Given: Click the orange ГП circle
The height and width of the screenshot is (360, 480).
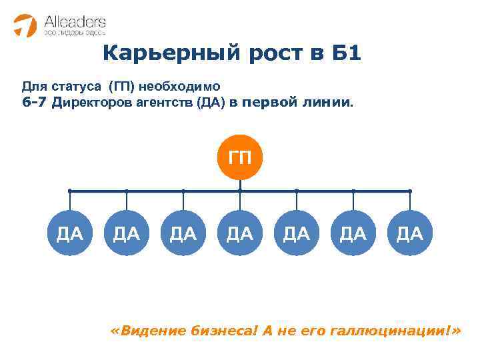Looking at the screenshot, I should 240,158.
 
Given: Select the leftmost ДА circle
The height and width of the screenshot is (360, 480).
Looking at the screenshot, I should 70,233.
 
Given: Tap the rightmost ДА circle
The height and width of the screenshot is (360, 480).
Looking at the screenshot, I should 409,233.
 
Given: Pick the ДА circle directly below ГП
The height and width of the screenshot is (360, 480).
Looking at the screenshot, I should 240,233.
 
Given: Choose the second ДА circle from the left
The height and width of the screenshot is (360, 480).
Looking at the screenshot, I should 127,233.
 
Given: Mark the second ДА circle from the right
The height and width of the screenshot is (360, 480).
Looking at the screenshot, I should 353,233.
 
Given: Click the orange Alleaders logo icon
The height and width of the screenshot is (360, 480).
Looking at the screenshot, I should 26,25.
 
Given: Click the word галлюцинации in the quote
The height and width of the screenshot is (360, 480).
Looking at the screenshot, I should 392,331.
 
